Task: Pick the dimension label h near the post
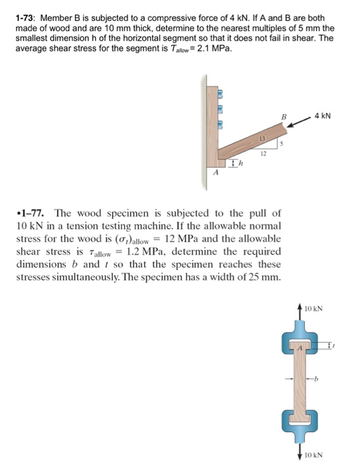click(x=240, y=163)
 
